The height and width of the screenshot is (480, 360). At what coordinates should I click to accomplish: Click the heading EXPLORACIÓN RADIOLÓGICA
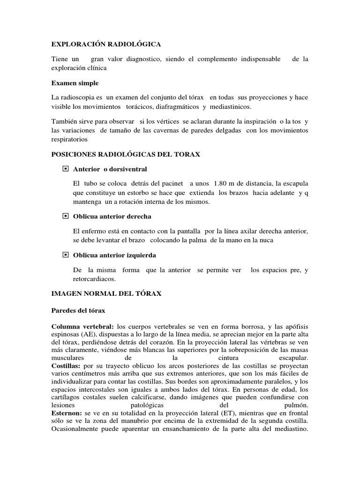[105, 44]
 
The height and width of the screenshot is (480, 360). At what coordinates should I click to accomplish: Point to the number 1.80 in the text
[222, 183]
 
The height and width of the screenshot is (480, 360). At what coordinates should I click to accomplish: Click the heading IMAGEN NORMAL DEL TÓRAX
[106, 293]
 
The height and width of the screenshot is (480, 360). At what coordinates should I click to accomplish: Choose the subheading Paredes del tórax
[78, 311]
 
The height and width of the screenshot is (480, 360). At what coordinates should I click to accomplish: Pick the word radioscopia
[80, 97]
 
